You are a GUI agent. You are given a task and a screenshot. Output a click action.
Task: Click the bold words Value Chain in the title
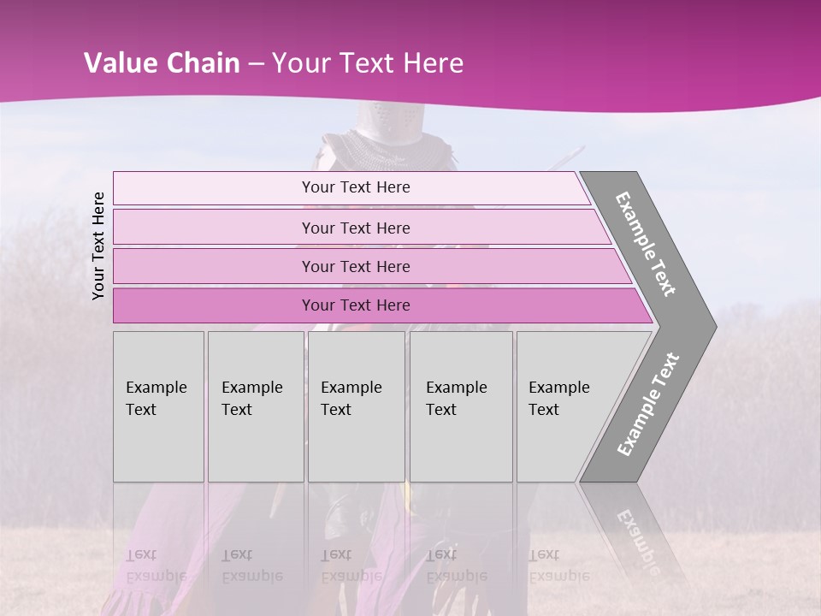pos(162,63)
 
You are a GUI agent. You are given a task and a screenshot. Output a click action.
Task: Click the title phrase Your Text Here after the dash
pos(368,63)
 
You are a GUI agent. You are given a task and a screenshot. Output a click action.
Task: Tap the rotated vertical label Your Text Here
pos(98,246)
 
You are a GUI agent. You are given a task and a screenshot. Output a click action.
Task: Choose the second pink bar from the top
pos(355,228)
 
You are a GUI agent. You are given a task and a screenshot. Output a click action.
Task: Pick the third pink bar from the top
pos(355,266)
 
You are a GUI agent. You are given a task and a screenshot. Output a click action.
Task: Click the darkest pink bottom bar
pos(355,305)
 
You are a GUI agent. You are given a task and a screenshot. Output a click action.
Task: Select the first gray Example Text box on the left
pos(158,406)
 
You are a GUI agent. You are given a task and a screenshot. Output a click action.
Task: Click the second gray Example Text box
pos(255,406)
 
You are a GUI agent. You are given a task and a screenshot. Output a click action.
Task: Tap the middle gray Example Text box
pos(356,406)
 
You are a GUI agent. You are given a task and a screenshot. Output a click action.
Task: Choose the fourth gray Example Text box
pos(460,406)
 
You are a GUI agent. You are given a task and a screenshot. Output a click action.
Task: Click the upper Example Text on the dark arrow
pos(646,244)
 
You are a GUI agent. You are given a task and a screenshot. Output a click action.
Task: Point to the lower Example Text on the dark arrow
pos(647,405)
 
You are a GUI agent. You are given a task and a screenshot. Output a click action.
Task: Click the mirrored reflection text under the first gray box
pos(156,566)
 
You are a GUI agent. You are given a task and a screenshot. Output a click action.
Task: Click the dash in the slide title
pos(256,64)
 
